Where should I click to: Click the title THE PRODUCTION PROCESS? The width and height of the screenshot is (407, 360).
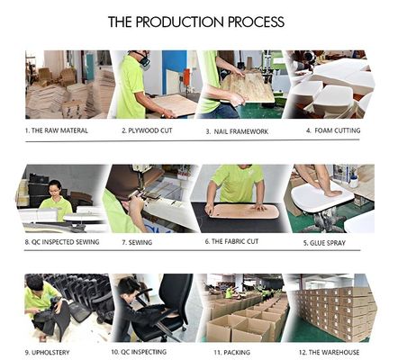point(196,22)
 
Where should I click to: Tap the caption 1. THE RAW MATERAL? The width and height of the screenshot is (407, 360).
point(57,130)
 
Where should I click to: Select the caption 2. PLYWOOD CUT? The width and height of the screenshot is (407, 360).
point(147,130)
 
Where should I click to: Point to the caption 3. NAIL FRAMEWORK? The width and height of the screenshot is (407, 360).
point(237,131)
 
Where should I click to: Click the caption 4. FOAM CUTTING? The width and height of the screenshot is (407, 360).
point(333,130)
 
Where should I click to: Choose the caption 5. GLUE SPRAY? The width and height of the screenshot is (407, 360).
point(324,243)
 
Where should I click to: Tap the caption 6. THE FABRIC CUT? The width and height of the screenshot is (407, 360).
point(231,241)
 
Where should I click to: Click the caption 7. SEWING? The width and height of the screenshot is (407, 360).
point(137,242)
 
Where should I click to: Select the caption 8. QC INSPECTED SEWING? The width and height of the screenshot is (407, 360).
point(62,242)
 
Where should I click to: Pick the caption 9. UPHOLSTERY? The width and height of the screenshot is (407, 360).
point(47,353)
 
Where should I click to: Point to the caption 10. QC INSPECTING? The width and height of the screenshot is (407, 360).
point(139,352)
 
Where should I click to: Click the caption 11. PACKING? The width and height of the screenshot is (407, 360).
point(231,353)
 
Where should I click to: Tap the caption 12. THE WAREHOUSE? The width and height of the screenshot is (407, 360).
point(329,352)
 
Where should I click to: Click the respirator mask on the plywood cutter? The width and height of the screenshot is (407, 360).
point(144,61)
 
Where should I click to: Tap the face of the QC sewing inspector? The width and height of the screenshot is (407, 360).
point(55,190)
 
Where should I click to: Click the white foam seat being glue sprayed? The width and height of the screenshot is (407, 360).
point(322,197)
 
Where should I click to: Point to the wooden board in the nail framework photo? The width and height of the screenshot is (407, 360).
point(249,86)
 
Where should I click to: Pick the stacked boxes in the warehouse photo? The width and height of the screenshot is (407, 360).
point(334,312)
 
